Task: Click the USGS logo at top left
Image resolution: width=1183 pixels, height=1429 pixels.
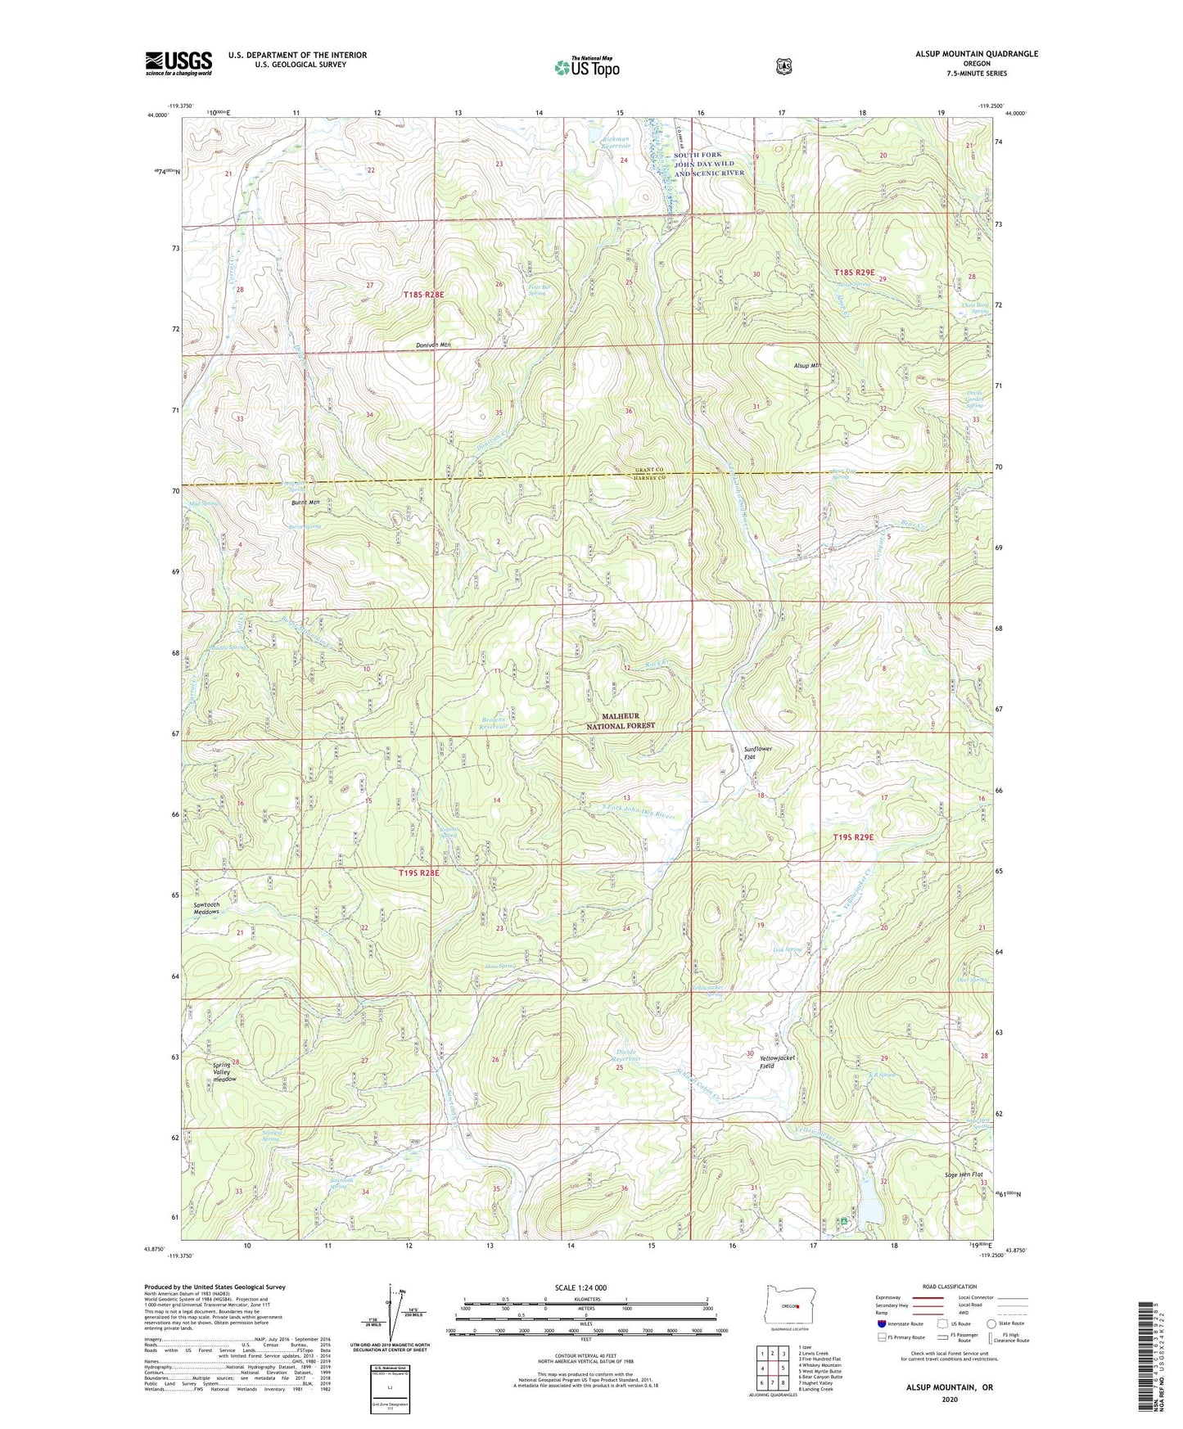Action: (x=178, y=63)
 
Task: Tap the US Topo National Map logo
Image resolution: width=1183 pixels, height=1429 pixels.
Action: (x=586, y=67)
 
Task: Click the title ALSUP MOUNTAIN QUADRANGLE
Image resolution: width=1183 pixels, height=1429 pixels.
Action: (x=964, y=54)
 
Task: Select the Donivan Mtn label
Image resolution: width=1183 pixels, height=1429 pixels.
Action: (x=427, y=345)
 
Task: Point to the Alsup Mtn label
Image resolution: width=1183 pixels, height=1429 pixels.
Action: (x=806, y=366)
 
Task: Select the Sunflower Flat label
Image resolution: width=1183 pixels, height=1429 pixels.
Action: (x=757, y=753)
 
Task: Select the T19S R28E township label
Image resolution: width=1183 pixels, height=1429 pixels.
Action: (x=418, y=873)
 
